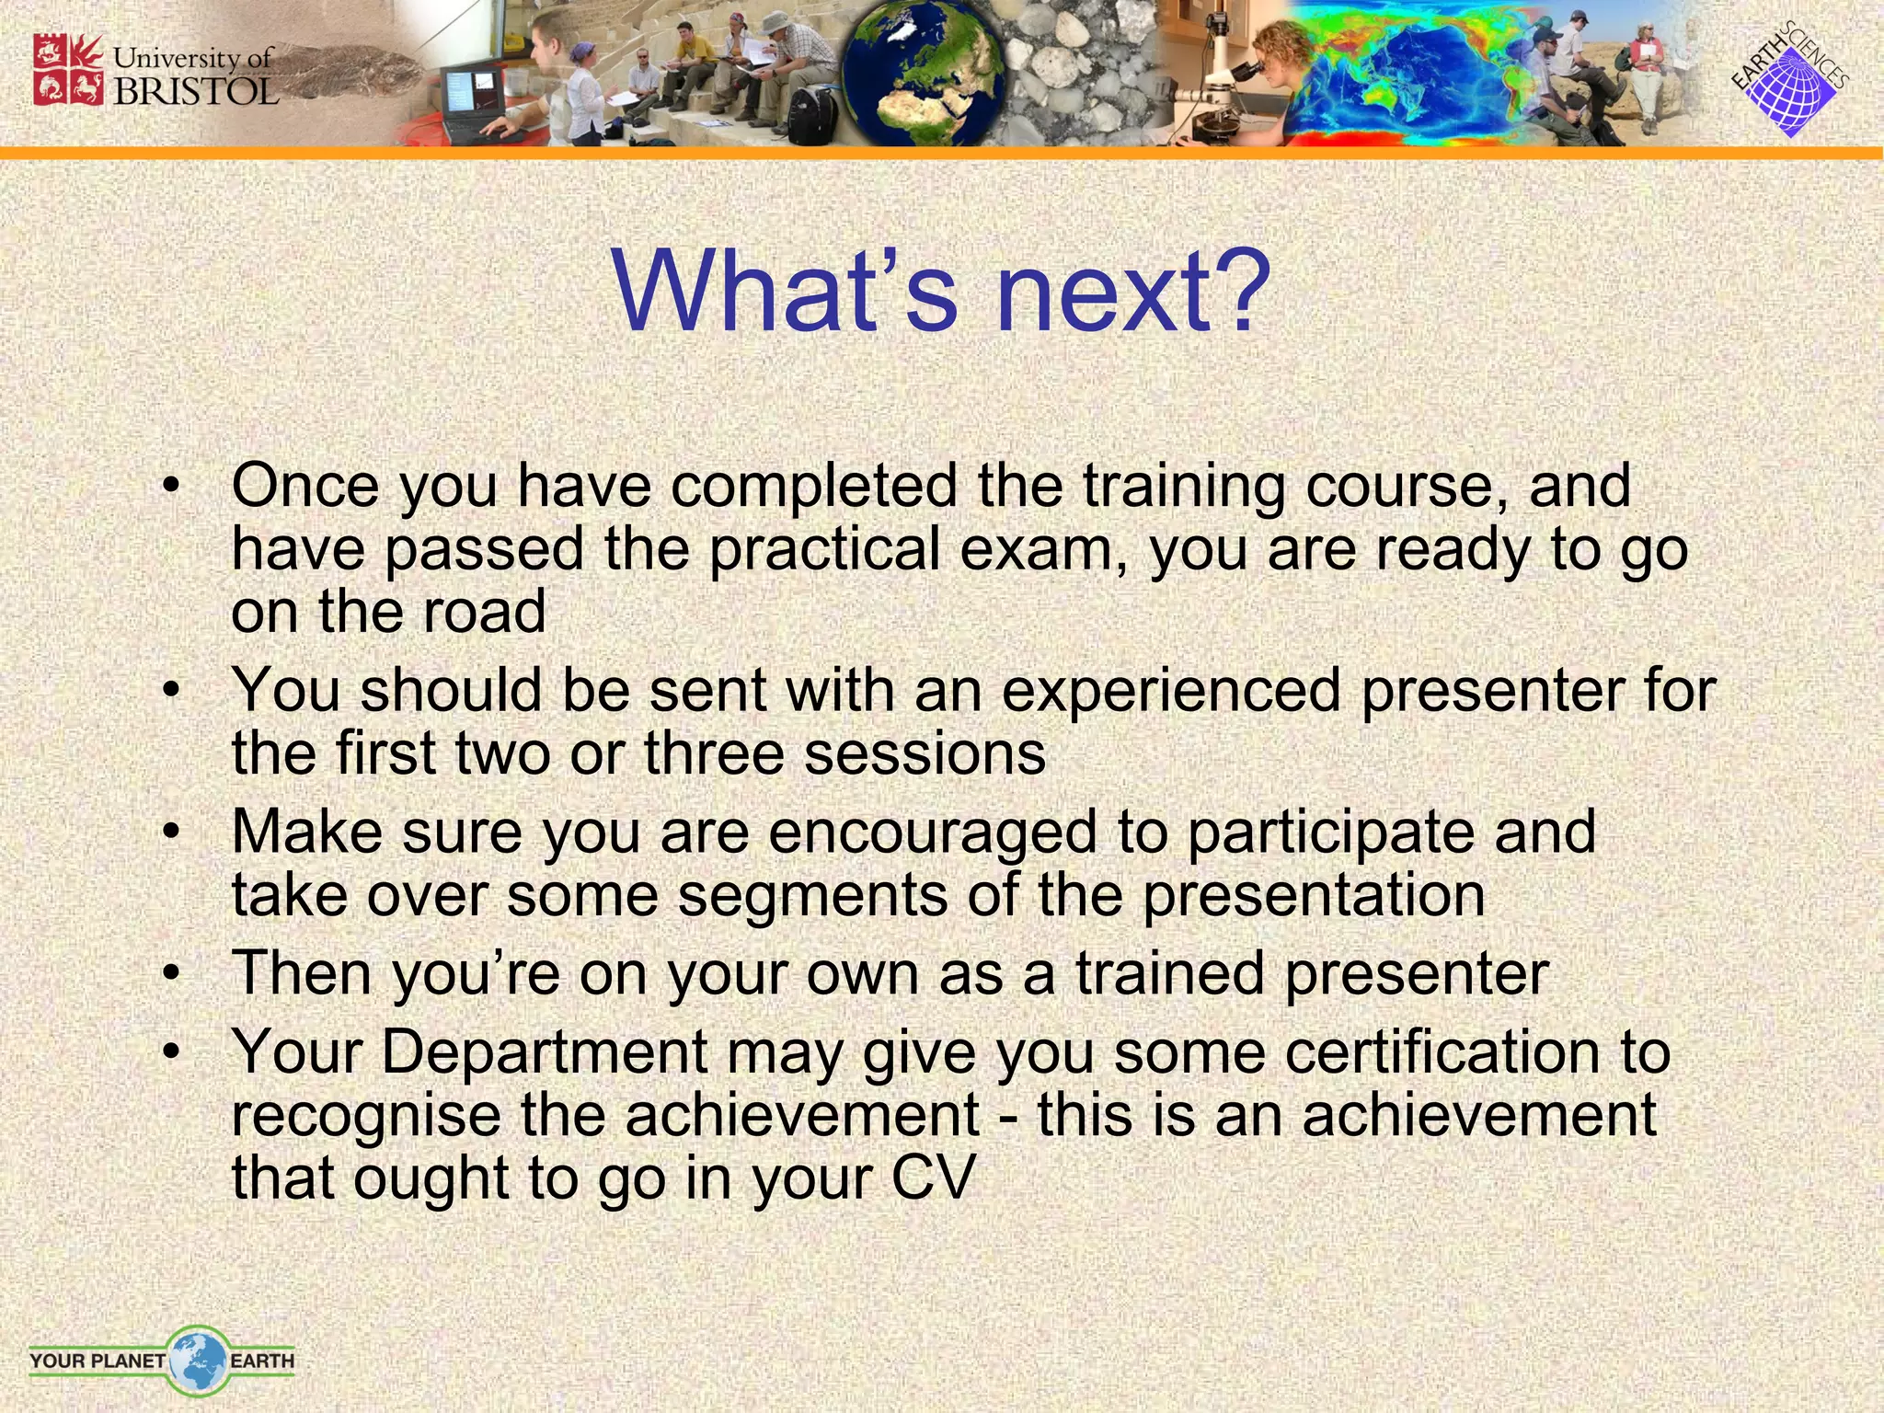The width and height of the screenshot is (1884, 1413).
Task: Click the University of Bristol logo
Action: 155,72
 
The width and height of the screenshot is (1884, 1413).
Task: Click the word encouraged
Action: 932,833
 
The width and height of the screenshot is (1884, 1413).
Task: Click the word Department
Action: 545,1051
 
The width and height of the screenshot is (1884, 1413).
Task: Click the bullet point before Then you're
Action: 169,973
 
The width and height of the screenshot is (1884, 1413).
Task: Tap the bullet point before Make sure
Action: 169,833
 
